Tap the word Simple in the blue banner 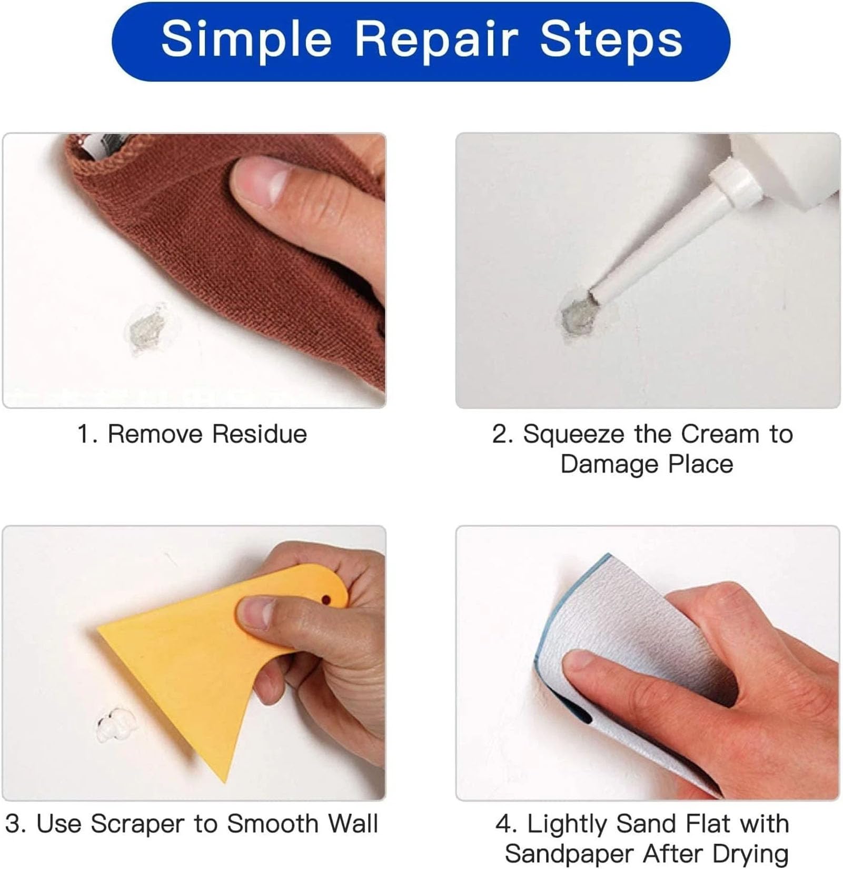click(246, 40)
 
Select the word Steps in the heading click(611, 40)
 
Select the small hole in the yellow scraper click(326, 599)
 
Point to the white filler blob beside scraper click(116, 725)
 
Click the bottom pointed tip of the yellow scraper click(225, 780)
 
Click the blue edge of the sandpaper click(542, 658)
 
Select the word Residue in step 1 click(260, 435)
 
